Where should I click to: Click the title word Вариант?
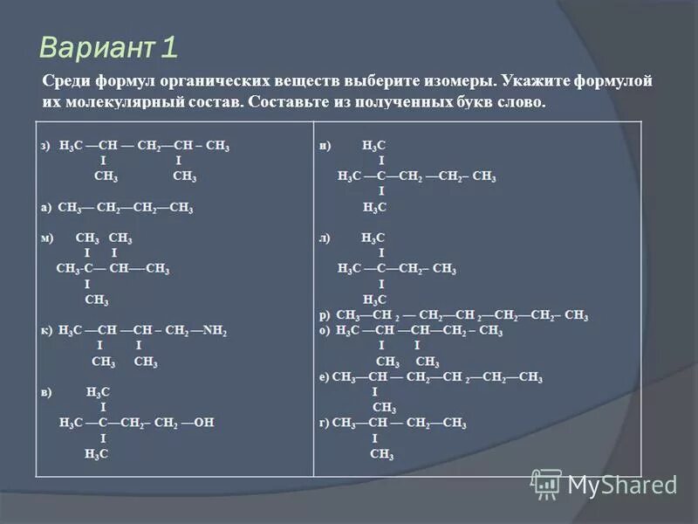(98, 46)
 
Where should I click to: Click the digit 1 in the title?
(170, 46)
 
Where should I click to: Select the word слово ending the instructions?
(520, 101)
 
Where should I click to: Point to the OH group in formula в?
(204, 423)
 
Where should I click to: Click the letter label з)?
(47, 146)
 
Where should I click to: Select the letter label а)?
(47, 208)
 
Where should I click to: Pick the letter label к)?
(47, 331)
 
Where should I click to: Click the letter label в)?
(47, 392)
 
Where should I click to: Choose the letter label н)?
(325, 146)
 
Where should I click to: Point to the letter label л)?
(325, 238)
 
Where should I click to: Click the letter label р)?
(325, 315)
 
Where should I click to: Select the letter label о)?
(325, 331)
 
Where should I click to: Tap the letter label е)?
(325, 377)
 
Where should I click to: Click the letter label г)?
(325, 424)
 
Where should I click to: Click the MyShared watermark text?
(621, 485)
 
